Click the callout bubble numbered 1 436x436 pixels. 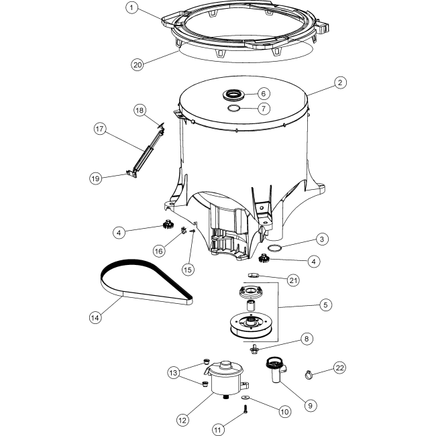(132, 8)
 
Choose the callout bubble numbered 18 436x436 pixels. (139, 109)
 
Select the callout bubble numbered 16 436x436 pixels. (158, 250)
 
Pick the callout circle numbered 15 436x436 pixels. (189, 269)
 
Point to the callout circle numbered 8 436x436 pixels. (307, 339)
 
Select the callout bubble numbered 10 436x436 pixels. (284, 412)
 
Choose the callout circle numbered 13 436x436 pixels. (174, 373)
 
